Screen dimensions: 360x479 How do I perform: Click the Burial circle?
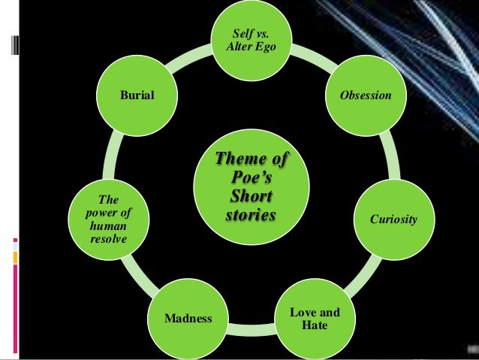tap(136, 96)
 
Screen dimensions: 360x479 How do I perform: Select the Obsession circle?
tap(366, 96)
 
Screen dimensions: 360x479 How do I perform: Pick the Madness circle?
tap(188, 319)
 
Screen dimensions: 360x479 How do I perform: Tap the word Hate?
tap(314, 325)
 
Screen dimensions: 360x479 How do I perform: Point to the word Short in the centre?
tap(251, 198)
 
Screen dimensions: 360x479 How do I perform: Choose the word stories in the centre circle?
tap(251, 216)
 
